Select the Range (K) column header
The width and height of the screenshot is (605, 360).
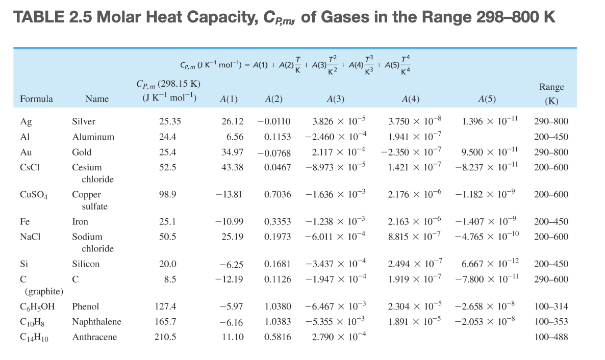[x=550, y=94]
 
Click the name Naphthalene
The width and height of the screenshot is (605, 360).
[x=96, y=322]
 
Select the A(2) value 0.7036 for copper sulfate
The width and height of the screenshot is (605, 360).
[x=278, y=194]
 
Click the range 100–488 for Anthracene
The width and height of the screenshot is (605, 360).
[x=551, y=337]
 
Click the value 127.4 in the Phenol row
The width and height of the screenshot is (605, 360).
[x=167, y=306]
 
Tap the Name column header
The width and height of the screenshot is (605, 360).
[x=97, y=99]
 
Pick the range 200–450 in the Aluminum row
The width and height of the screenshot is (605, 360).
[x=551, y=137]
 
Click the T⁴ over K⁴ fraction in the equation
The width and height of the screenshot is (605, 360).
[x=405, y=65]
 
